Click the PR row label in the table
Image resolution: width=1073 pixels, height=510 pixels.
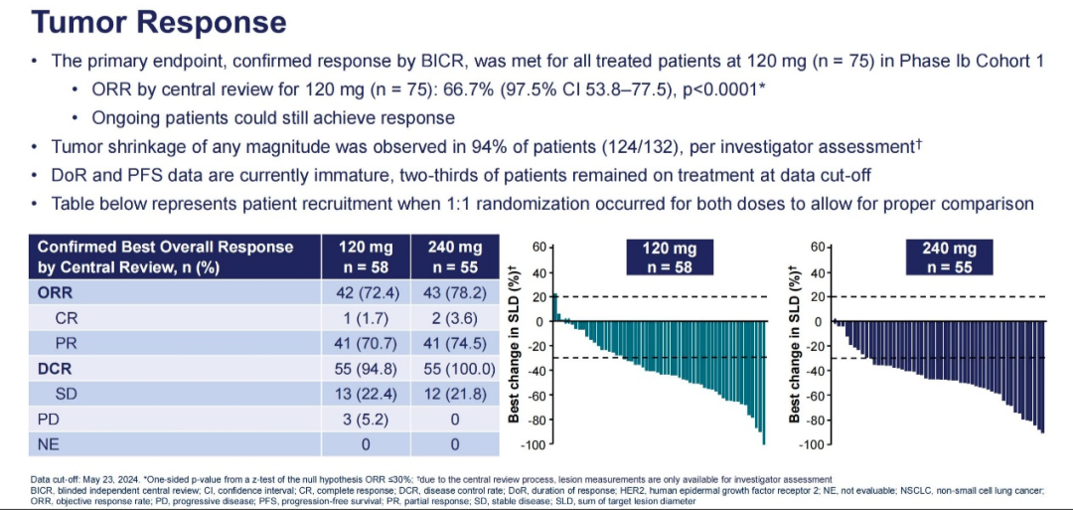pos(68,344)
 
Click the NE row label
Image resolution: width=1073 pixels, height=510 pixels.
pos(49,443)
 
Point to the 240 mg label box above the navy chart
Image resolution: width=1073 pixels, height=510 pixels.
pos(950,256)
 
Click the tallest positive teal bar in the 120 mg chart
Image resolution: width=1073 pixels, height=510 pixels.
pos(555,307)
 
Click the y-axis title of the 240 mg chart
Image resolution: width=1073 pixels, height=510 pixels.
pos(795,343)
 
